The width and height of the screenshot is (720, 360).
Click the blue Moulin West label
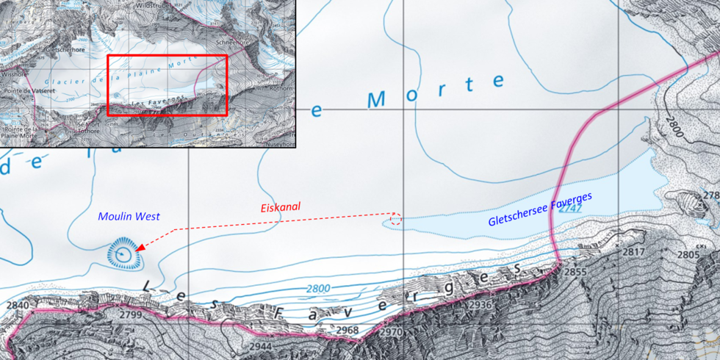tap(129, 216)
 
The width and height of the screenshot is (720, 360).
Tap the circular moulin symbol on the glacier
tap(123, 253)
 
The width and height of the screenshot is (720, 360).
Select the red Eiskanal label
tap(281, 208)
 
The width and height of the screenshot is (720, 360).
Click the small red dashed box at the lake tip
tap(395, 219)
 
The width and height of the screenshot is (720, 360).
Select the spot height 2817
tap(633, 252)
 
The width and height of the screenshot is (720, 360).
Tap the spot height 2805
tap(688, 254)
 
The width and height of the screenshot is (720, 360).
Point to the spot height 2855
tap(576, 272)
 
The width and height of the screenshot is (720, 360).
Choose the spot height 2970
tap(392, 333)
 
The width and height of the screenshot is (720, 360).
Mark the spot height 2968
tap(347, 331)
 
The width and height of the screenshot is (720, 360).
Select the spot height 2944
tap(261, 345)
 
